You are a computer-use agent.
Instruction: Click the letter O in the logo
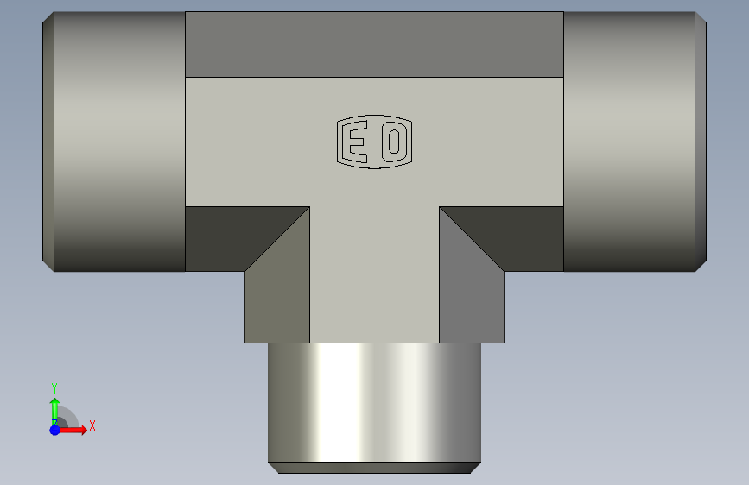[394, 142]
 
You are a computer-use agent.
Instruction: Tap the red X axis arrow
[72, 430]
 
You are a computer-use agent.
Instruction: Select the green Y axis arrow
[55, 412]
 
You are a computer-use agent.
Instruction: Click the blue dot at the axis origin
[55, 430]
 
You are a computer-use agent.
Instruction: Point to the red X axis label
[92, 425]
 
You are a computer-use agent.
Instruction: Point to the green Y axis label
[54, 387]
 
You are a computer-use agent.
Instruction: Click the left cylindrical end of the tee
[119, 142]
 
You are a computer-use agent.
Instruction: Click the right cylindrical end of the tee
[629, 142]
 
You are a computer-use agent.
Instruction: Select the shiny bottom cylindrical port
[375, 402]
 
